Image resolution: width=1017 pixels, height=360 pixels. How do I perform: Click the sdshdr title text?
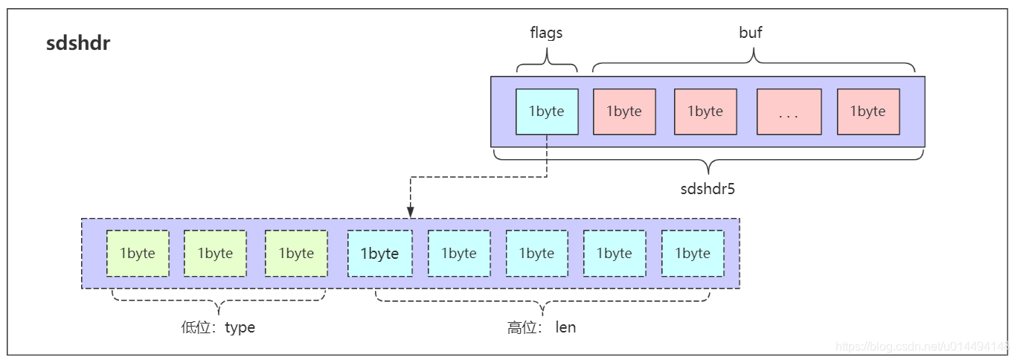point(78,43)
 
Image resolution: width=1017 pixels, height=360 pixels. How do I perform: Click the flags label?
point(546,33)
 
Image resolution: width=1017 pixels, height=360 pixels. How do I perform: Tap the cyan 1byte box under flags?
point(547,112)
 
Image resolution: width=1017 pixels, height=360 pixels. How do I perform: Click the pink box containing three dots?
point(789,112)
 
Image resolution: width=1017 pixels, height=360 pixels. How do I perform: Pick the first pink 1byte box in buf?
point(624,112)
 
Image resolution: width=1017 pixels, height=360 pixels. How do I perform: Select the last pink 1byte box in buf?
point(868,112)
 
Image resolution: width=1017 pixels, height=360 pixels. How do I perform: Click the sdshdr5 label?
point(708,188)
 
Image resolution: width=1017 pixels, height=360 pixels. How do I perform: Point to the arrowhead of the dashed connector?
point(410,214)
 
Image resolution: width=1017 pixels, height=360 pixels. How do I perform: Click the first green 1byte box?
point(138,254)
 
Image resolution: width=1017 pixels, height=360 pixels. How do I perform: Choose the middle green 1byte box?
point(215,254)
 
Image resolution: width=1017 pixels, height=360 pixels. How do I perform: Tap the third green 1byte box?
point(296,254)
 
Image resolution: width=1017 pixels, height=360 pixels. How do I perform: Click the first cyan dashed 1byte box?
point(380,254)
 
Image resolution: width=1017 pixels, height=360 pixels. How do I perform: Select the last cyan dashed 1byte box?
point(693,254)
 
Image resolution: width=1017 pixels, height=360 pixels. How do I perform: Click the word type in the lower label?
point(240,327)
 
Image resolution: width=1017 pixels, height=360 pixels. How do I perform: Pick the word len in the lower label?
point(565,327)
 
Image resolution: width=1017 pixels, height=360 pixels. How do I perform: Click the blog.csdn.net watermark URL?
point(923,347)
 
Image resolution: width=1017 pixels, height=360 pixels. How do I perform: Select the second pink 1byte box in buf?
point(705,112)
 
